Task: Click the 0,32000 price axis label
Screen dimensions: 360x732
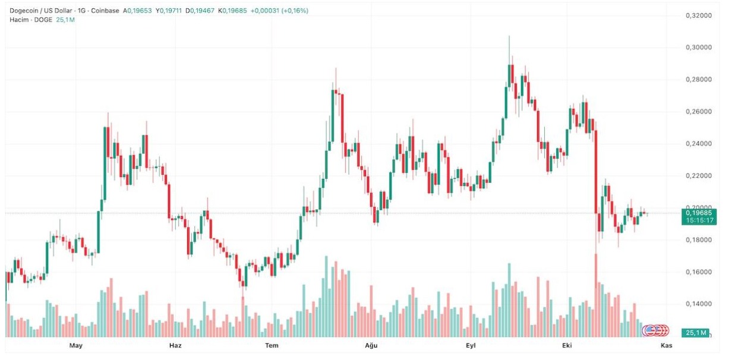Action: [698, 15]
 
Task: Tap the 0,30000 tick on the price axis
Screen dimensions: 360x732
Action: [698, 48]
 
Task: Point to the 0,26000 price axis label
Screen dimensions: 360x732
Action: [698, 112]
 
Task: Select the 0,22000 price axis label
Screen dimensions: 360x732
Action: [698, 176]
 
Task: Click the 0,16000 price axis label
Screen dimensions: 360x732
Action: [698, 272]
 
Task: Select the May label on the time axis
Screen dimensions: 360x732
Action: [75, 346]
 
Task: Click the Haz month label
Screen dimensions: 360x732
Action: [175, 346]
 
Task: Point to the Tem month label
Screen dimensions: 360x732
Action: [272, 346]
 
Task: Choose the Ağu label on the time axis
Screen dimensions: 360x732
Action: [371, 346]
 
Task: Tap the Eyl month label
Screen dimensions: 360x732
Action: [471, 346]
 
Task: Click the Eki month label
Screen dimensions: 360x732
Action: [567, 346]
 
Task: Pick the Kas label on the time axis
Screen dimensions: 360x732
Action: [666, 346]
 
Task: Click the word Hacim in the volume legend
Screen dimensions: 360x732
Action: [18, 20]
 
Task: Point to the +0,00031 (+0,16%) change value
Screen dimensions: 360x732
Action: [279, 11]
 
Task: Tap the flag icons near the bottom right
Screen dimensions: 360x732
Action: [658, 330]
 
